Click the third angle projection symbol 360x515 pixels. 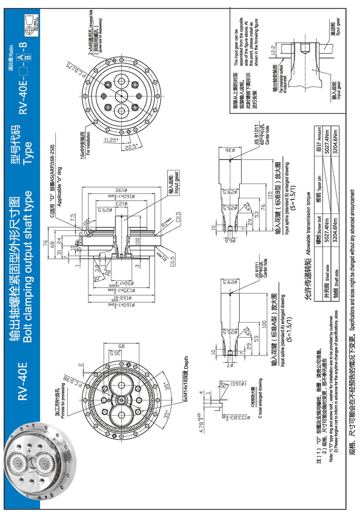point(32,26)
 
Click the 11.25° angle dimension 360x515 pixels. point(111,140)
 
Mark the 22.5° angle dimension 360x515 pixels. point(131,147)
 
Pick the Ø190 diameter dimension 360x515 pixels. point(121,190)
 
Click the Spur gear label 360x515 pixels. point(335,27)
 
